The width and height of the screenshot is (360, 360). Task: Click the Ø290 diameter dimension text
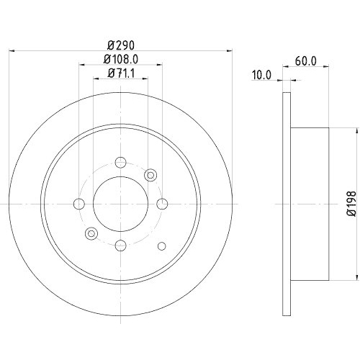click(x=120, y=44)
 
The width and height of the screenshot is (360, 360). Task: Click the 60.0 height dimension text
click(x=306, y=61)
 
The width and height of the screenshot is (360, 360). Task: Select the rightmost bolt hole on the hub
click(x=162, y=203)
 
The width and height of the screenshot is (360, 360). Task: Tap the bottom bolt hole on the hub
click(x=120, y=244)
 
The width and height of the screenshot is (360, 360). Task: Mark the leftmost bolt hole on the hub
click(x=79, y=203)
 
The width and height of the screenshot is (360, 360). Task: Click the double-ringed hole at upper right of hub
click(x=150, y=174)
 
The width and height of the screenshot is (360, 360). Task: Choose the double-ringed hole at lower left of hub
click(x=91, y=233)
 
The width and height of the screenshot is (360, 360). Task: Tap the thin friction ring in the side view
click(x=287, y=203)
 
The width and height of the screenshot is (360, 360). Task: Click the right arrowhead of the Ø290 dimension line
click(x=230, y=50)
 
